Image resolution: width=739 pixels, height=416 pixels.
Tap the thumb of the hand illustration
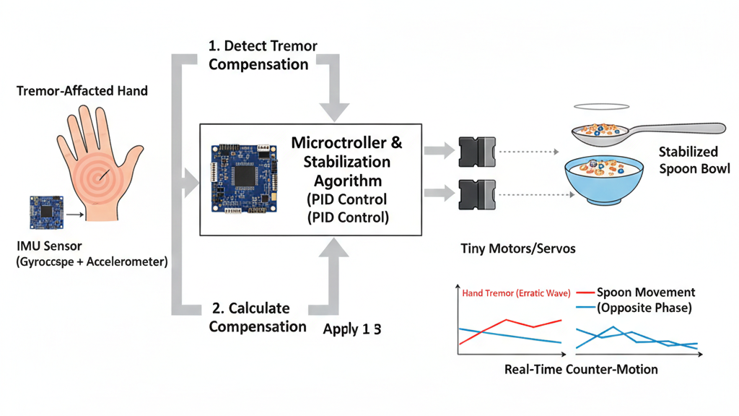132,162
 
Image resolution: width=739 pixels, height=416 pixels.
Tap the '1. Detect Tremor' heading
263,46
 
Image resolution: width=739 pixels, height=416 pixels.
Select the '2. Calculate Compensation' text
258,317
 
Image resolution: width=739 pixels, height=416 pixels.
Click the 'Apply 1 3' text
352,329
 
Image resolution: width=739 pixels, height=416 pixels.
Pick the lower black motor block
476,194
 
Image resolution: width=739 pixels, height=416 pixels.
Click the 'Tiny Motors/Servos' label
517,248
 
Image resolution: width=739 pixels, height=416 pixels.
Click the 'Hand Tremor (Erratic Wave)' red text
517,293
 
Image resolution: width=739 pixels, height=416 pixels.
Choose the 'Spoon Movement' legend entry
646,292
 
